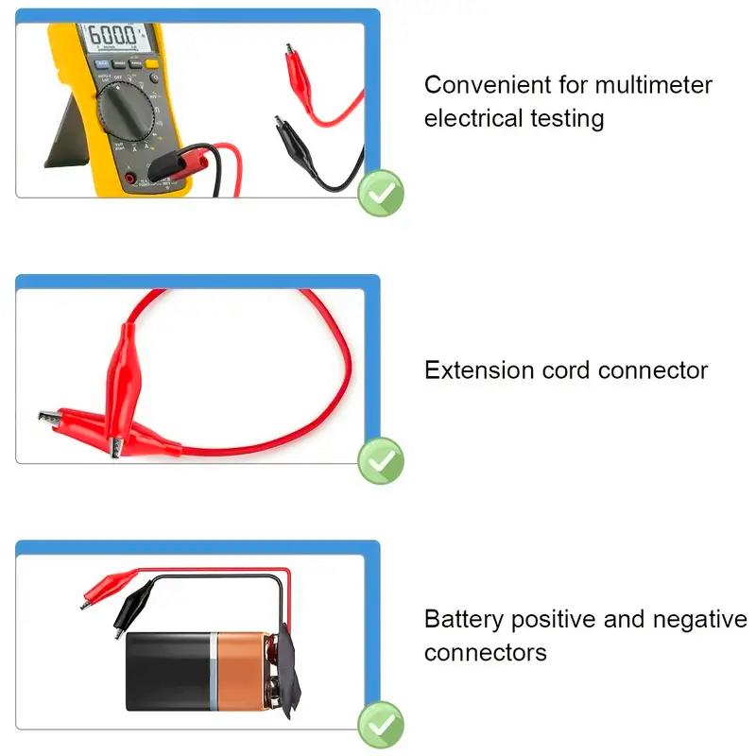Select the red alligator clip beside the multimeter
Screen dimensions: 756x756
301,71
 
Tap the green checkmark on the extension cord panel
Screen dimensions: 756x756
381,461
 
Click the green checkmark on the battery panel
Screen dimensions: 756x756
381,725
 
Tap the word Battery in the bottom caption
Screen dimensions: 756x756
464,620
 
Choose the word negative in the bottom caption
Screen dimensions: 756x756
699,620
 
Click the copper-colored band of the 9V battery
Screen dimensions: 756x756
243,672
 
